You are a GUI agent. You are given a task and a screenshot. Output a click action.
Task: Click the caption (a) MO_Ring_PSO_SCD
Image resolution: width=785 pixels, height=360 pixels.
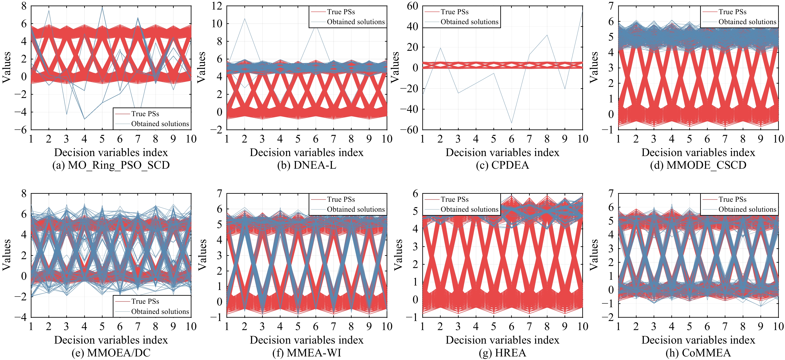coord(111,165)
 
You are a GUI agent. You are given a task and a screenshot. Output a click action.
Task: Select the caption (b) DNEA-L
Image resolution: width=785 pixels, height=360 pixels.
coord(307,165)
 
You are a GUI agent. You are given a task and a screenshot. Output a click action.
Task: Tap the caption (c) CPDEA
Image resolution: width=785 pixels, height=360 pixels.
coord(502,165)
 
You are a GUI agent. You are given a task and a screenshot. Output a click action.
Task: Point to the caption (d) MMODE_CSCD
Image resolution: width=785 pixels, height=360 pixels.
coord(698,165)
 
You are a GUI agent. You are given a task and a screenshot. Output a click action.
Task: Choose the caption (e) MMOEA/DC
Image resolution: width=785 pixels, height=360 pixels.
coord(111,353)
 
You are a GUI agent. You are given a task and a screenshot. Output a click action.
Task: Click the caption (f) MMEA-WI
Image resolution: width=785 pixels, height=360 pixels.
coord(307,353)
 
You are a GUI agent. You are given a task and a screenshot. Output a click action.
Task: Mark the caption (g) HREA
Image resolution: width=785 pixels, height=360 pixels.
coord(502,353)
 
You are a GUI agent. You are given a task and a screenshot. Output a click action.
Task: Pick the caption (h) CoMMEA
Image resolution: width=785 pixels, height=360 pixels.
coord(698,353)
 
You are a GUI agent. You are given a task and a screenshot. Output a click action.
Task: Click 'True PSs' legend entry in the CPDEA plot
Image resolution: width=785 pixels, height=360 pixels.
coord(454,12)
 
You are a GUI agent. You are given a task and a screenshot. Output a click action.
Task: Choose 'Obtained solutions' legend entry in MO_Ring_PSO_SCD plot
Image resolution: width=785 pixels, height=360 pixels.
coord(160,124)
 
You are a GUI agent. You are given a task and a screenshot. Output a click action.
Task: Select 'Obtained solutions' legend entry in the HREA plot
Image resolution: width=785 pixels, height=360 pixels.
coord(469,209)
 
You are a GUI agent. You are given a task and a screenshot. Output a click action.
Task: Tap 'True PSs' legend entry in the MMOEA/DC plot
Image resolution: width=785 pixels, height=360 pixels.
coord(145,301)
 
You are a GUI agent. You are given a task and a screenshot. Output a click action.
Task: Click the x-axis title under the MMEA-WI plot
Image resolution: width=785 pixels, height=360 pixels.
coord(307,340)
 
